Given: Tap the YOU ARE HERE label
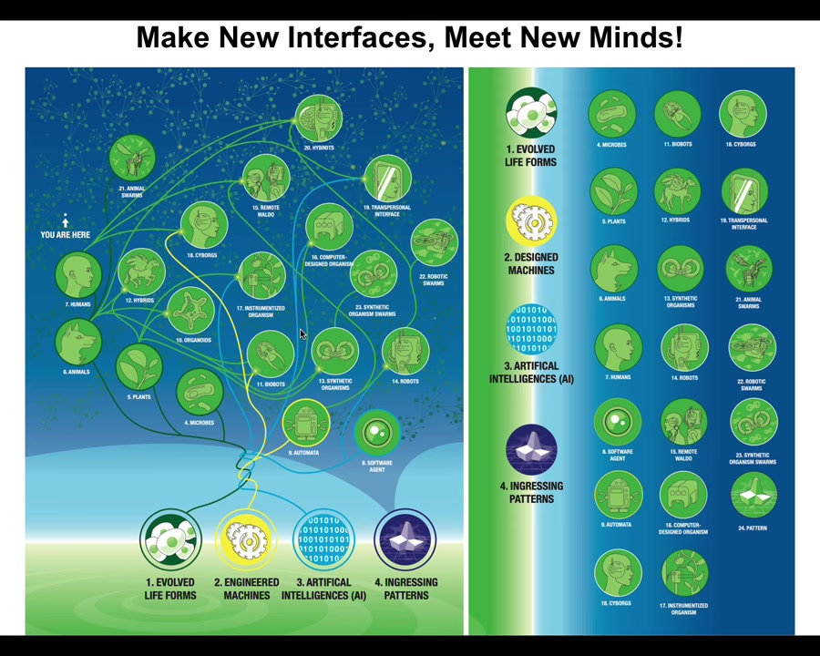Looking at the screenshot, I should coord(66,234).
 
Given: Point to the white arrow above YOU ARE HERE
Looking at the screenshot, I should coord(66,220).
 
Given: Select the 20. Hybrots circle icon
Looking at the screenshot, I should coord(319,119).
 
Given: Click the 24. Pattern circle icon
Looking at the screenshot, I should coord(753,496).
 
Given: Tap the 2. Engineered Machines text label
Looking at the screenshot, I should coord(246,589).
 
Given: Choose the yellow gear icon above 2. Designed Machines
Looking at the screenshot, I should coord(531,221).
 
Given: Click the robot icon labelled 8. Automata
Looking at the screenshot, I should coord(305,423).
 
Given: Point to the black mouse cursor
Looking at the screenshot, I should coord(302,334).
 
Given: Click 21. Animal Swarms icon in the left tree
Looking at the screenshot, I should coord(132,159).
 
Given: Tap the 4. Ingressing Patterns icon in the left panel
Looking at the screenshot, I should coord(405,539).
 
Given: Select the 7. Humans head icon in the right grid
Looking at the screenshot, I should coord(617,347).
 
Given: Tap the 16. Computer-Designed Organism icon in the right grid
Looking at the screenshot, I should coord(682,497).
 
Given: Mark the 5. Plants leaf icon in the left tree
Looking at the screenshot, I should coord(139,366).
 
